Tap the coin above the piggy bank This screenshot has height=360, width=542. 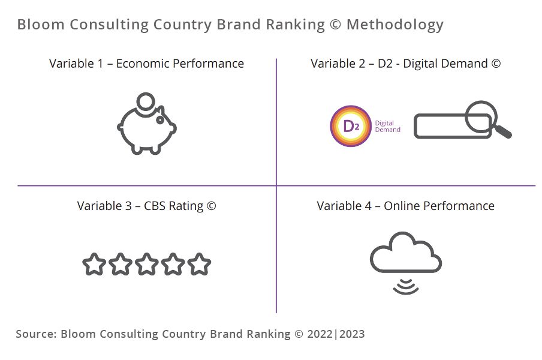pos(146,101)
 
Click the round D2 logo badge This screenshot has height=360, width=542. pos(351,126)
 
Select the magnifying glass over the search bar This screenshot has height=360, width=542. pos(481,116)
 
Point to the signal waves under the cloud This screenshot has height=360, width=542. pos(406,287)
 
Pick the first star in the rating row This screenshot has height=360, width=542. pos(94,264)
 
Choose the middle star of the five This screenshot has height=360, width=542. pos(146,264)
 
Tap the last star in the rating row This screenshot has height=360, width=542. pos(199,264)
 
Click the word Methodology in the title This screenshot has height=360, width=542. pos(395,25)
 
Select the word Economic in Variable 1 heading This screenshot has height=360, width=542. pos(143,64)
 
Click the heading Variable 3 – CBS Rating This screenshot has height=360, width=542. pos(146,206)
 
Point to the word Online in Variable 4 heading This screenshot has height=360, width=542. pos(402,206)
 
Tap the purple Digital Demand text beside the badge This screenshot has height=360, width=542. pos(387,126)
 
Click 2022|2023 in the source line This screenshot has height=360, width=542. pos(336,334)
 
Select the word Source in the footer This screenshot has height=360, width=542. pos(36,334)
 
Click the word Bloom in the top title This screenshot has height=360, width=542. pos(41,25)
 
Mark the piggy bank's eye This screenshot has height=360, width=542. pos(161,119)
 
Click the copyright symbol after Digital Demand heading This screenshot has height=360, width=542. pos(496,64)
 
